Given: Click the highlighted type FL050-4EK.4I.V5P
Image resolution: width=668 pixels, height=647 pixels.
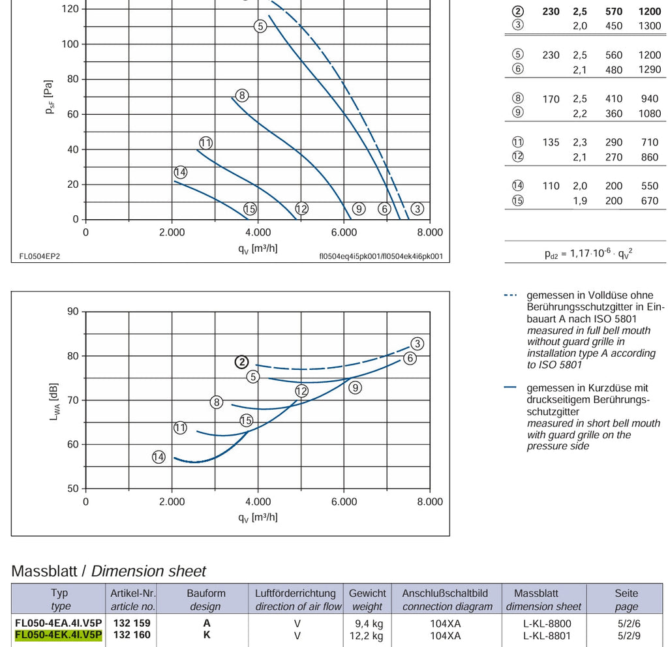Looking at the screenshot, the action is tap(58, 635).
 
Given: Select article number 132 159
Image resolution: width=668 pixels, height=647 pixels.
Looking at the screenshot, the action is tap(132, 623).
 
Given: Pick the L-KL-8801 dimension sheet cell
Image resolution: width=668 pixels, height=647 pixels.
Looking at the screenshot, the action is tap(547, 636).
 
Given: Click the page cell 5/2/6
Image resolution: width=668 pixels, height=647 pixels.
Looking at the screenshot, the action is tap(629, 624).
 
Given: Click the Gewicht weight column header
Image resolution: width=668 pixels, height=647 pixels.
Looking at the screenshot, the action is tap(367, 599).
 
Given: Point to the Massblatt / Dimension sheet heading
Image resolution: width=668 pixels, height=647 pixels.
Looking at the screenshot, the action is tap(109, 571).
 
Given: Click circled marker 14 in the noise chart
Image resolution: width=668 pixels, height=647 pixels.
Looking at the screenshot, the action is tap(159, 457).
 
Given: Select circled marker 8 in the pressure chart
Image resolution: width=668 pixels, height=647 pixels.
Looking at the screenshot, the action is tap(242, 95).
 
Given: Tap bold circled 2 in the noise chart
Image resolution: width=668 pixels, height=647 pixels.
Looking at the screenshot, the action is tap(242, 362).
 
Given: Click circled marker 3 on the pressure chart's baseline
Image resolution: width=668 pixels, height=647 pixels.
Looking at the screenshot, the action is tap(417, 209).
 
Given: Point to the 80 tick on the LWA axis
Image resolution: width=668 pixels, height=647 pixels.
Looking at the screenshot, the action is tap(73, 355).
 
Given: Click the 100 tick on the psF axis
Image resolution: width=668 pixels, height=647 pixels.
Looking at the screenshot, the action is tap(70, 44).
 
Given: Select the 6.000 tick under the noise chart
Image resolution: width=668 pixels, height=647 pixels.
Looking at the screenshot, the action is tap(344, 502).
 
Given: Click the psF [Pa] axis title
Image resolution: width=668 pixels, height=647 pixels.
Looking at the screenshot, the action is tap(49, 97).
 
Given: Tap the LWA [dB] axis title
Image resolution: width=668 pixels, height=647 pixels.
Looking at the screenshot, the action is tap(54, 402).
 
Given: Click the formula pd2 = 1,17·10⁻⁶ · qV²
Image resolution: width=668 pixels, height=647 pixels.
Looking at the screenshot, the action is tap(588, 254).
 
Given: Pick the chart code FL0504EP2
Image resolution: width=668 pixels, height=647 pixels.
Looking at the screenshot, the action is tap(40, 256).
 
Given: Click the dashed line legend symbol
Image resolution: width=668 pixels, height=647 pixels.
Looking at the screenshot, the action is tap(510, 295).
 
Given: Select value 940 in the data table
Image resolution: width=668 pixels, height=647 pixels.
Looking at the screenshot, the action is tap(649, 99).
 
